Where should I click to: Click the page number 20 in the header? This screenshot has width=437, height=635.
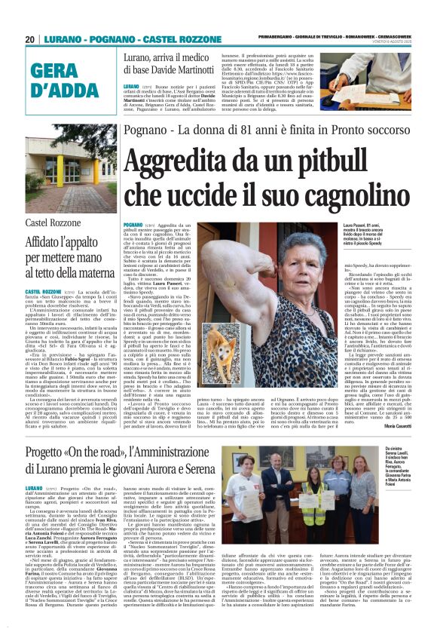[30, 38]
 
